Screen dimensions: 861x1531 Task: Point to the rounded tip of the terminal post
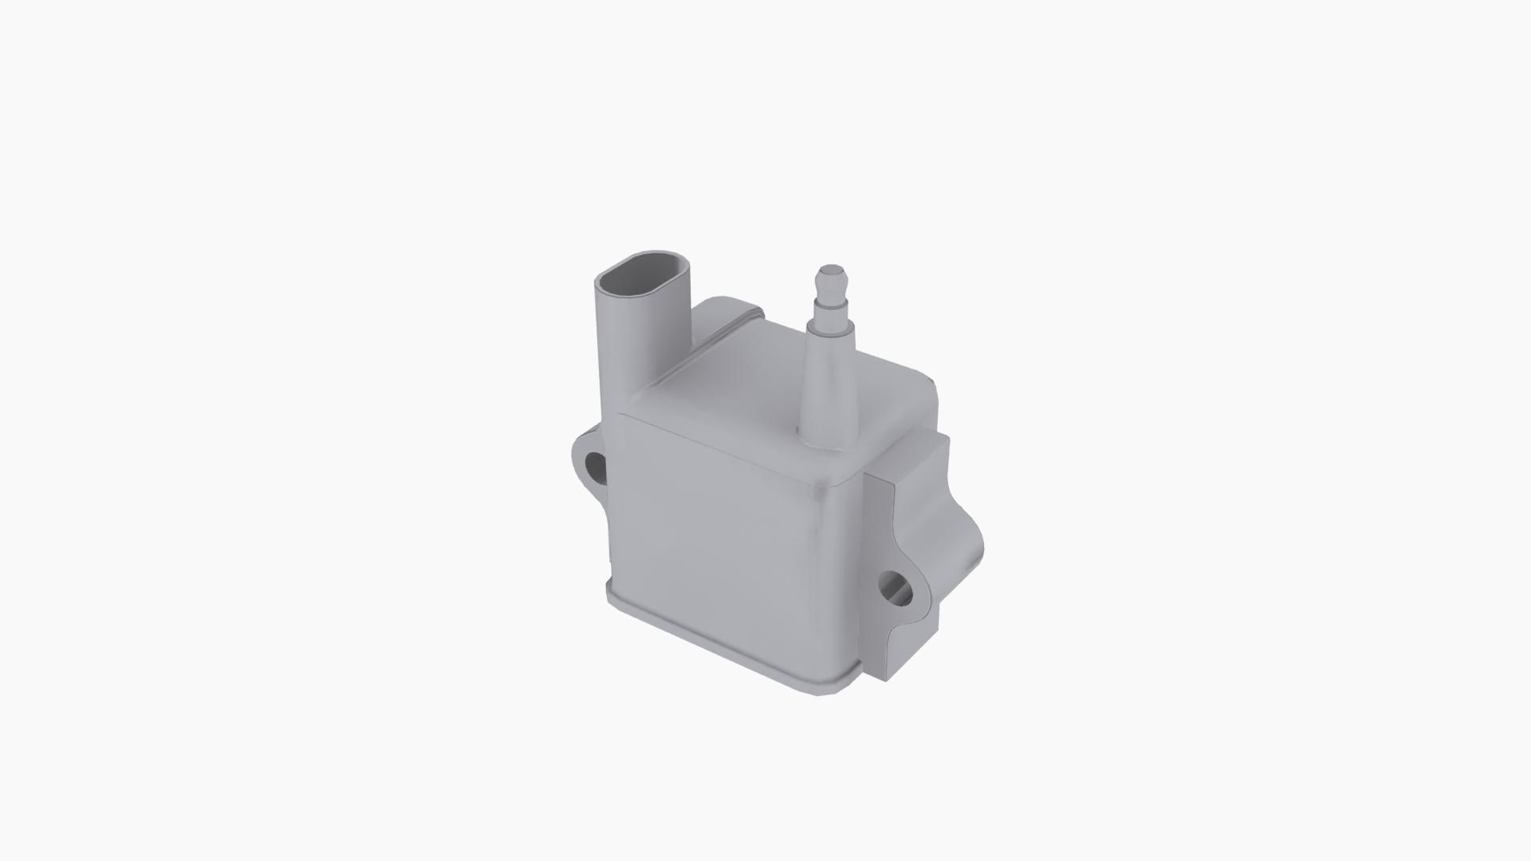click(x=830, y=271)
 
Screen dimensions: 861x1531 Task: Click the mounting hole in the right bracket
click(x=897, y=590)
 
